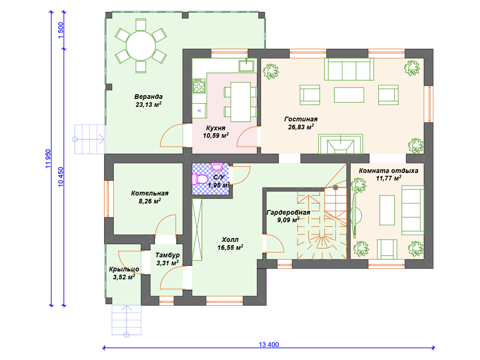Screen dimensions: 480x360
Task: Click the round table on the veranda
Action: click(141, 45)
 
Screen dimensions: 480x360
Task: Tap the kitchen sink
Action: click(246, 66)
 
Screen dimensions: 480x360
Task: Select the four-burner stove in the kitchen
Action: click(199, 86)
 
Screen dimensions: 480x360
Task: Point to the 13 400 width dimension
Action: click(269, 345)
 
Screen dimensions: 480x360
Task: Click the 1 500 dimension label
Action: click(60, 30)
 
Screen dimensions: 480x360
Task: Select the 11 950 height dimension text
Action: click(48, 158)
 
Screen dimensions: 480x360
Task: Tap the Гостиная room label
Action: click(301, 119)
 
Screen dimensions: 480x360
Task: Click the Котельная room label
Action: click(150, 193)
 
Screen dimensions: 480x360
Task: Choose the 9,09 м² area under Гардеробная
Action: click(288, 219)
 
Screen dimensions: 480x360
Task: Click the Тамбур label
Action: click(167, 255)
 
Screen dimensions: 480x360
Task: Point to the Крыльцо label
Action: click(124, 270)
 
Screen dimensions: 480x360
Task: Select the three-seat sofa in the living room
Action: click(349, 69)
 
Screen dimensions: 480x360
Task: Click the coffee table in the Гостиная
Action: click(349, 95)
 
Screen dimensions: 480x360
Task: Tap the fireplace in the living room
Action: click(340, 144)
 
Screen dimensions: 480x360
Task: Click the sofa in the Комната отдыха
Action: click(412, 210)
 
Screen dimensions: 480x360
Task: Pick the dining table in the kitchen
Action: click(240, 102)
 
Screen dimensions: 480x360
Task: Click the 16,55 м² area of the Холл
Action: click(230, 247)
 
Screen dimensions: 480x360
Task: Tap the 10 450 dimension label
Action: click(60, 177)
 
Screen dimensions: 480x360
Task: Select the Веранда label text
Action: click(149, 97)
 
